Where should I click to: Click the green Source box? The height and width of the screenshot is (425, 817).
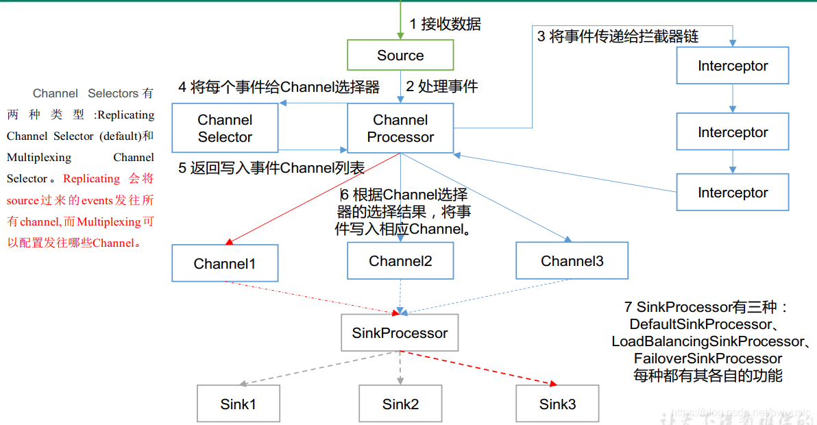click(x=400, y=56)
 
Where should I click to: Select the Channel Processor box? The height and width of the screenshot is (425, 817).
click(x=400, y=128)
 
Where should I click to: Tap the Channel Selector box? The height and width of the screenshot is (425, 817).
click(x=225, y=128)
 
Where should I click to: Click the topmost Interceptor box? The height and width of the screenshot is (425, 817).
click(x=732, y=66)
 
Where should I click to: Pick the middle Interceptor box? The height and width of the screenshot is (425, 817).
click(x=732, y=132)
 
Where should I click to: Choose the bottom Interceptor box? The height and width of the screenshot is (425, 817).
click(x=732, y=193)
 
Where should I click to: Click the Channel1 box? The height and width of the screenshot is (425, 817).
click(x=225, y=264)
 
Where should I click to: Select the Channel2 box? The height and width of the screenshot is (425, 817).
click(x=400, y=261)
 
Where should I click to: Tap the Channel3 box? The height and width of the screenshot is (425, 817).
click(x=572, y=261)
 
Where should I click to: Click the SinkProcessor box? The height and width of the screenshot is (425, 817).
click(x=400, y=334)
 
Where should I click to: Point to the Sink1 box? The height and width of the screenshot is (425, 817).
click(x=238, y=404)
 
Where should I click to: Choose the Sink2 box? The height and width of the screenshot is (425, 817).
click(x=400, y=404)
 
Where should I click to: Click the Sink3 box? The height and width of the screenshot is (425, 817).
click(x=557, y=404)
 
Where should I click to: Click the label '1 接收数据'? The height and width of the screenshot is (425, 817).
click(x=446, y=24)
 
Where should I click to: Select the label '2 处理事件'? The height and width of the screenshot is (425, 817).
click(x=442, y=86)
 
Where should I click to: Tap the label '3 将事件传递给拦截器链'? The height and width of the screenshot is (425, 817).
click(x=618, y=36)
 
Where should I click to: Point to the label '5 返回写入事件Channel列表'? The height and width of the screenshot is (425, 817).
click(x=271, y=168)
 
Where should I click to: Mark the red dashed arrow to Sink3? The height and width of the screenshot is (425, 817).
click(x=480, y=368)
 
